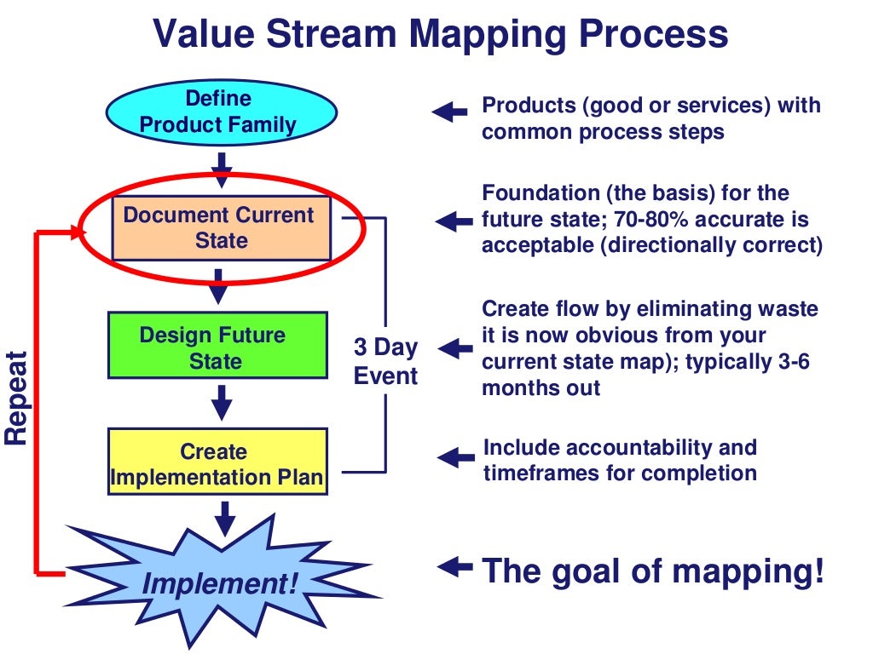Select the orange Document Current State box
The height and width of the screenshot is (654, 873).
[x=221, y=227]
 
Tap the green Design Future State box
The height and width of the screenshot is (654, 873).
[x=217, y=347]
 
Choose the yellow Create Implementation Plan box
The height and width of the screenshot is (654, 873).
[x=217, y=464]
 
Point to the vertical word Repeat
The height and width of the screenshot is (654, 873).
[x=17, y=397]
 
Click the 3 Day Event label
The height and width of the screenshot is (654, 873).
[x=386, y=362]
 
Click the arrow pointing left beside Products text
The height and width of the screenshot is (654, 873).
[x=449, y=111]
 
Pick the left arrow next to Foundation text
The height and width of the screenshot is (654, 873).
[x=453, y=221]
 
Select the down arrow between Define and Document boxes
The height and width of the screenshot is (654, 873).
[x=221, y=168]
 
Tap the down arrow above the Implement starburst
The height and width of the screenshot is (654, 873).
[x=224, y=518]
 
